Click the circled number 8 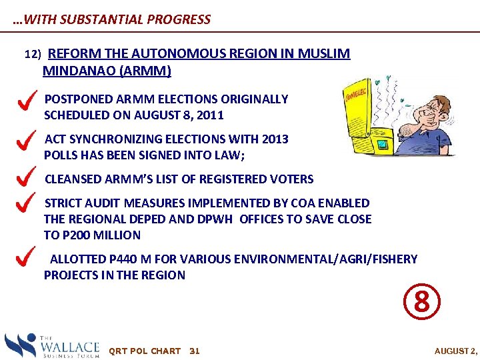tap(421, 302)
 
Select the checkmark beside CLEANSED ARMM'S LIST tap(25, 178)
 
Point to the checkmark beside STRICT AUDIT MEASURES tap(25, 203)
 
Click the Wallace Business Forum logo tap(52, 346)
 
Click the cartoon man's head tap(426, 107)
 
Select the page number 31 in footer tap(195, 351)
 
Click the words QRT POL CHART tap(144, 351)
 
